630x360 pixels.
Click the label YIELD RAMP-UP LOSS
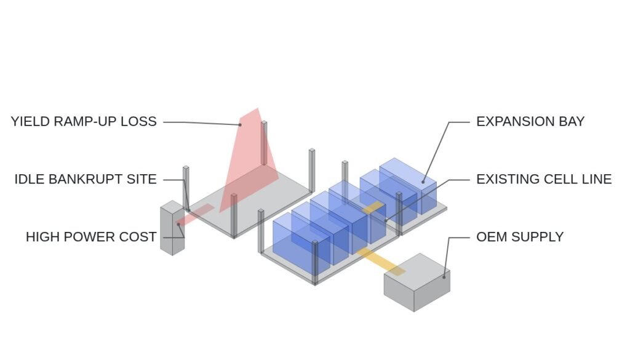tap(84, 121)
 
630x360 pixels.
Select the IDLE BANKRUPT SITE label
tap(86, 179)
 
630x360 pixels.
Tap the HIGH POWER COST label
tap(91, 237)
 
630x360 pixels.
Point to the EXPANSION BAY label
tap(530, 121)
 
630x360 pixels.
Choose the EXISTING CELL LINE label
tap(544, 179)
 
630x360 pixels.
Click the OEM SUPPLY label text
tap(520, 237)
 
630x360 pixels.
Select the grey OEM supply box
tap(417, 282)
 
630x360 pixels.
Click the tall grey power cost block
tap(172, 228)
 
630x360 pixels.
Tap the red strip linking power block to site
tap(194, 215)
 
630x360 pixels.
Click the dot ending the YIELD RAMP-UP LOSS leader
tap(241, 125)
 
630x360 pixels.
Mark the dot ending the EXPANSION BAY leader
tap(423, 182)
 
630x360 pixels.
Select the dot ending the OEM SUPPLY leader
tap(444, 277)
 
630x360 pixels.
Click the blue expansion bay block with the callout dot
tap(408, 186)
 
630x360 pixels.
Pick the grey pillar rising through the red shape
tap(264, 143)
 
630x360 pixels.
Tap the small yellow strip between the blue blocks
tap(373, 208)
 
